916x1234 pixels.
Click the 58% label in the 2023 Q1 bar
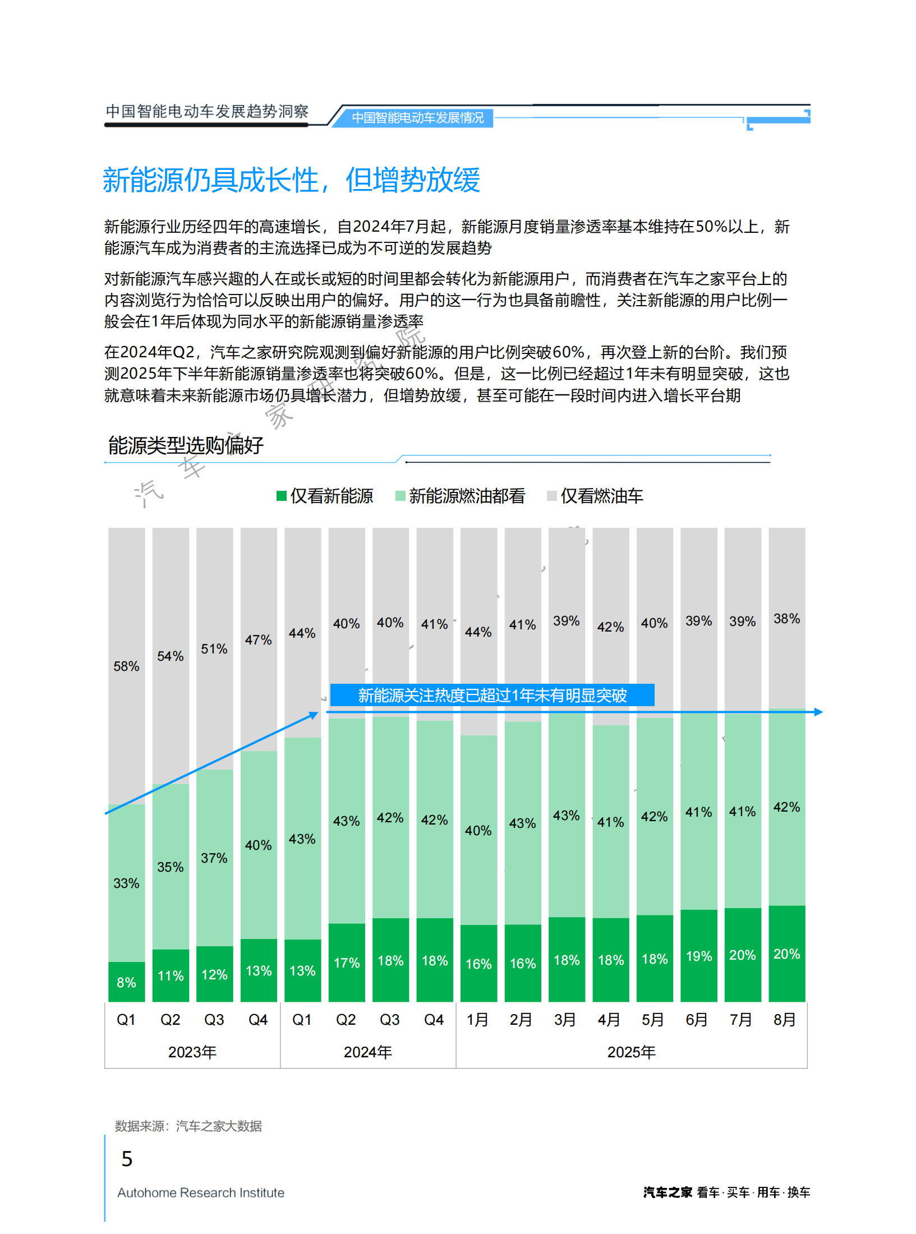click(126, 666)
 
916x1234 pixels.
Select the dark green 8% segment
click(126, 982)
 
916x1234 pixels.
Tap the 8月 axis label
click(784, 1019)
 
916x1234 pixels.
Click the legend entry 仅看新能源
click(325, 496)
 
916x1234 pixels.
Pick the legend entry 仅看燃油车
click(595, 496)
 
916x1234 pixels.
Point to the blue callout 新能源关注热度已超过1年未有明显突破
click(492, 695)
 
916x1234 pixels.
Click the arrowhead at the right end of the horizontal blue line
click(818, 712)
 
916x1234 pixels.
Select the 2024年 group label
click(367, 1052)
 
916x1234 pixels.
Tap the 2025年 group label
click(631, 1052)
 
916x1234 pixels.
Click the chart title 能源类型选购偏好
click(186, 445)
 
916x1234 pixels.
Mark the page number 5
click(127, 1159)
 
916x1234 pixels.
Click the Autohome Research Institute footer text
click(200, 1192)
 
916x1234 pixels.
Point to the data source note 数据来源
click(188, 1126)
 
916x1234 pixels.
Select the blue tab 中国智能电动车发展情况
click(417, 118)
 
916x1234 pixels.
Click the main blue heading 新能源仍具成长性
click(291, 180)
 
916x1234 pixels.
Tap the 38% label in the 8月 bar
click(786, 618)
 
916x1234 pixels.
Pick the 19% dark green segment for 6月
click(698, 956)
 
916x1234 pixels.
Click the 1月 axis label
click(477, 1019)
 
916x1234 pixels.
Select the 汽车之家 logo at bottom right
click(668, 1192)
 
